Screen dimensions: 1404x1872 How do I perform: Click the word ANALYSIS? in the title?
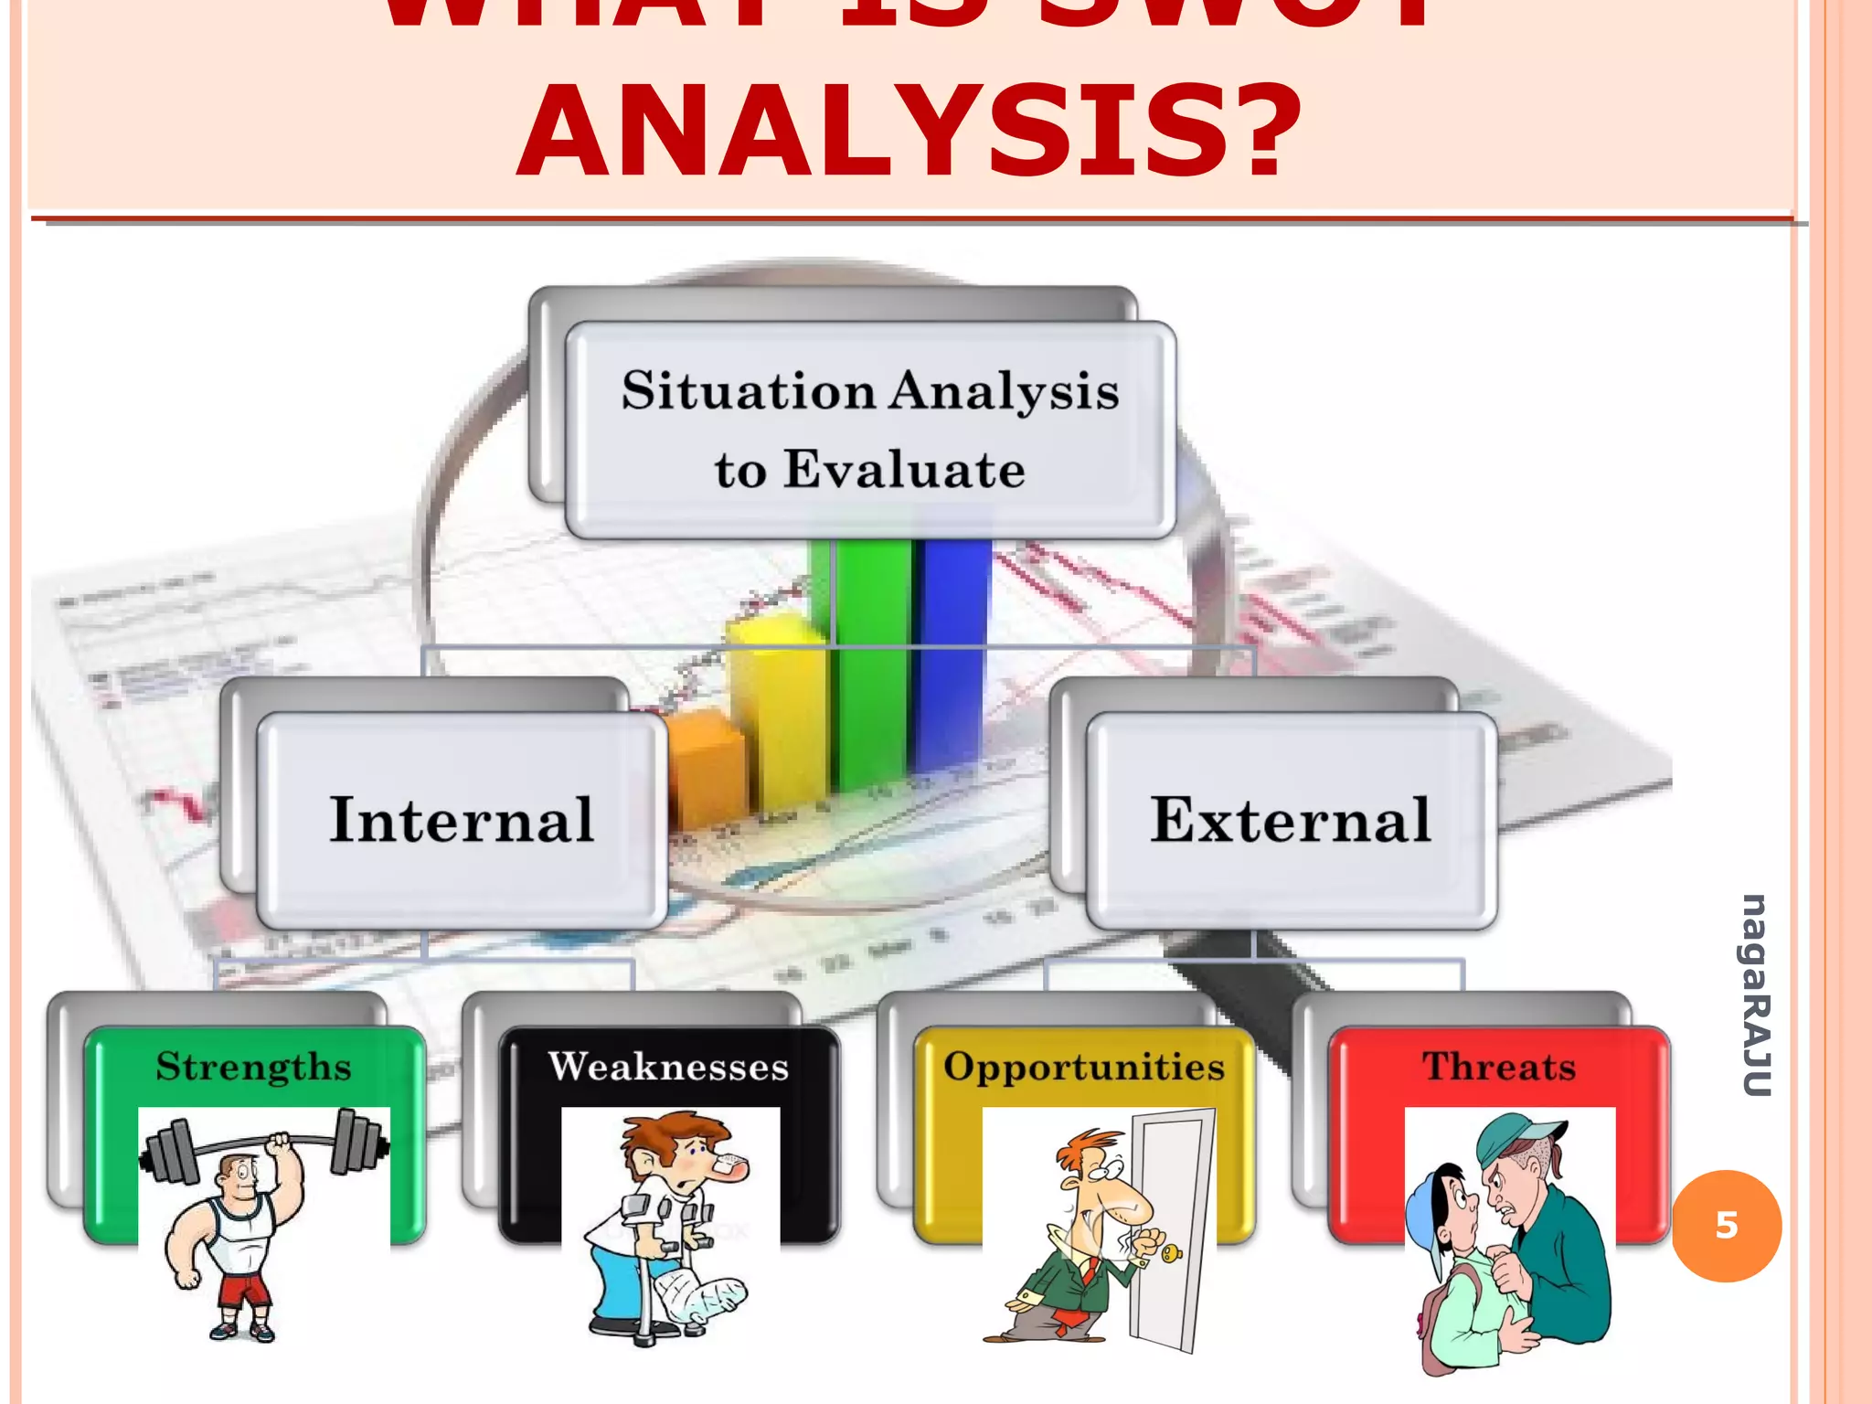pyautogui.click(x=909, y=131)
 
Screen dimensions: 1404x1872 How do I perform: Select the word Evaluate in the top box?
pyautogui.click(x=904, y=470)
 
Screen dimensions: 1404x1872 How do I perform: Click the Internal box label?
pyautogui.click(x=462, y=820)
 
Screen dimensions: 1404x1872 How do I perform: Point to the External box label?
pyautogui.click(x=1290, y=820)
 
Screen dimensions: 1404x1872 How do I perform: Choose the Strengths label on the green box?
pyautogui.click(x=253, y=1067)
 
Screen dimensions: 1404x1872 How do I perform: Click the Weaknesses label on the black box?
pyautogui.click(x=668, y=1067)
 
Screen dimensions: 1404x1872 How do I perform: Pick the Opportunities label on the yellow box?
pyautogui.click(x=1084, y=1067)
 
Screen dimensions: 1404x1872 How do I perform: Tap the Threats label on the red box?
pyautogui.click(x=1499, y=1067)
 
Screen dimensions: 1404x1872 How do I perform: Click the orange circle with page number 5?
pyautogui.click(x=1727, y=1226)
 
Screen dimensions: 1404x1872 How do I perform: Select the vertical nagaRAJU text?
pyautogui.click(x=1756, y=994)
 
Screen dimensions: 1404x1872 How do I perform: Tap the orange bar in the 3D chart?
pyautogui.click(x=704, y=768)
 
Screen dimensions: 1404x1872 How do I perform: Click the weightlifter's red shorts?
pyautogui.click(x=244, y=1290)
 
